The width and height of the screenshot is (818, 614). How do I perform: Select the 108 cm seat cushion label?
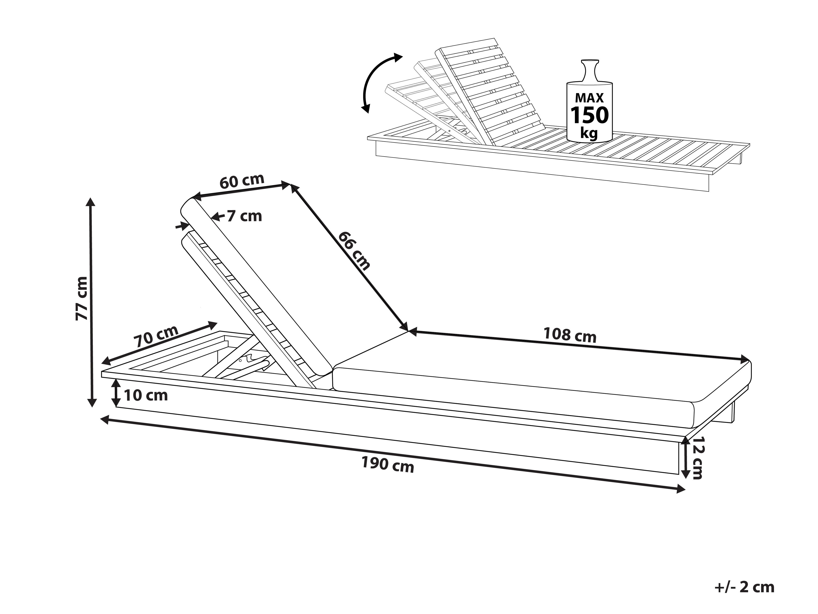pyautogui.click(x=569, y=335)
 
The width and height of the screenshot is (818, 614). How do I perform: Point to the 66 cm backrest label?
pyautogui.click(x=354, y=251)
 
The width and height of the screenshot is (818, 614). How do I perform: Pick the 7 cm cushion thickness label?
pyautogui.click(x=244, y=216)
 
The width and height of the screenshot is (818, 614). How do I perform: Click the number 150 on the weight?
pyautogui.click(x=589, y=115)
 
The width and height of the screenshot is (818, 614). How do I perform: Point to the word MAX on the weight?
pyautogui.click(x=589, y=98)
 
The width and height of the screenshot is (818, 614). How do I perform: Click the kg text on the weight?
pyautogui.click(x=589, y=132)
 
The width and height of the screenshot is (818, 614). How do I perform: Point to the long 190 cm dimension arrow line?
pyautogui.click(x=392, y=454)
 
